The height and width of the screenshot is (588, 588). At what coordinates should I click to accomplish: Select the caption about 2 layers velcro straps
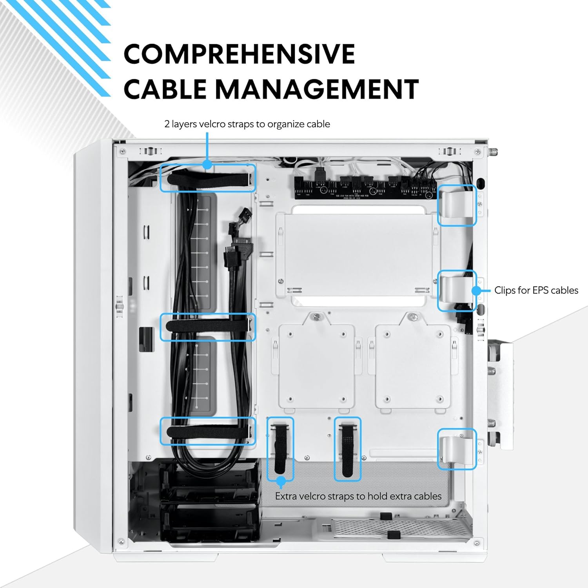coord(247,124)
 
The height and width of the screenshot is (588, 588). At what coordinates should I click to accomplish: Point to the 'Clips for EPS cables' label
coord(536,290)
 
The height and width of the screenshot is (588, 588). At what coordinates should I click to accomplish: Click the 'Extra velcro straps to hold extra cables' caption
coord(358,496)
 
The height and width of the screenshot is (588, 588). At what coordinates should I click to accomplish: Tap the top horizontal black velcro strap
coord(208,180)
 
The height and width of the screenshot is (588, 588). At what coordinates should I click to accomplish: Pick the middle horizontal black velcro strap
coord(208,326)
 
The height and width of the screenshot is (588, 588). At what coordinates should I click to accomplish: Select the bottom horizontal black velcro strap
coord(208,432)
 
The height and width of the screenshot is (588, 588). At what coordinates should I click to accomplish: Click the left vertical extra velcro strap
coord(280,449)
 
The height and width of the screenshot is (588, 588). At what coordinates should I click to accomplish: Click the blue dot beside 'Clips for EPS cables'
coord(476,291)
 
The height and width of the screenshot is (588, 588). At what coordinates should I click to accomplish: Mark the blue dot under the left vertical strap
coord(281,481)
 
